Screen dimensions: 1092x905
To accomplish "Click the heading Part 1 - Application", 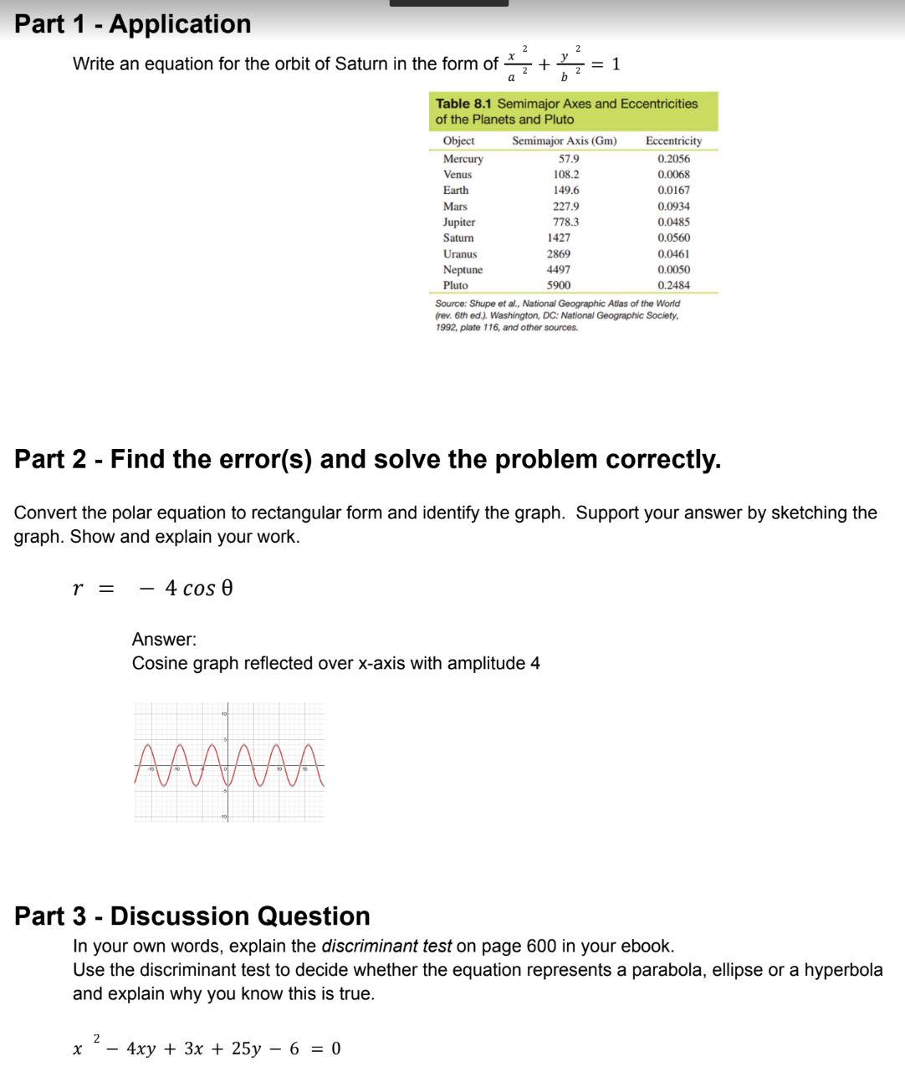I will [x=132, y=24].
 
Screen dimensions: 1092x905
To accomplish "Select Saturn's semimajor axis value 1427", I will [x=559, y=237].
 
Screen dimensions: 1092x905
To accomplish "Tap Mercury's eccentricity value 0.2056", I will [x=673, y=159].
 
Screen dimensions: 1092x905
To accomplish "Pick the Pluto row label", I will [x=456, y=285].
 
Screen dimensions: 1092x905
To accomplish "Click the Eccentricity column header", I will [x=673, y=140].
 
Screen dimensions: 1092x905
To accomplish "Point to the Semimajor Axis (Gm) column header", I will [x=565, y=140].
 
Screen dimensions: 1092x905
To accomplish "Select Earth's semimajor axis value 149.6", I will [x=566, y=190].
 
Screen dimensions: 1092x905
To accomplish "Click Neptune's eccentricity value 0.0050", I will [x=673, y=269].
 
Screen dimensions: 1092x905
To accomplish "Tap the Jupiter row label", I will [x=459, y=222].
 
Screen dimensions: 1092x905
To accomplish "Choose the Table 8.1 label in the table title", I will [x=463, y=104].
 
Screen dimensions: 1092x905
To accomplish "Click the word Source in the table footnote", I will [x=450, y=304].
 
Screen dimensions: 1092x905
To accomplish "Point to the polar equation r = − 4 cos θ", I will [x=153, y=589].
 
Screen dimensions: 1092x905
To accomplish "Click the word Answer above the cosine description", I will [x=163, y=640].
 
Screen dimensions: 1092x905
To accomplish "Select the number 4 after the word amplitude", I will [x=535, y=663].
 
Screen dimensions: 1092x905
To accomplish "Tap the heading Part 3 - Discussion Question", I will [x=192, y=916].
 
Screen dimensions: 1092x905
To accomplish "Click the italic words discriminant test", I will [x=386, y=946].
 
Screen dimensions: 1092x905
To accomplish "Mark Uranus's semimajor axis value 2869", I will [x=559, y=253].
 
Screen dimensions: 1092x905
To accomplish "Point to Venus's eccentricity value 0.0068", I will [x=673, y=174].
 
